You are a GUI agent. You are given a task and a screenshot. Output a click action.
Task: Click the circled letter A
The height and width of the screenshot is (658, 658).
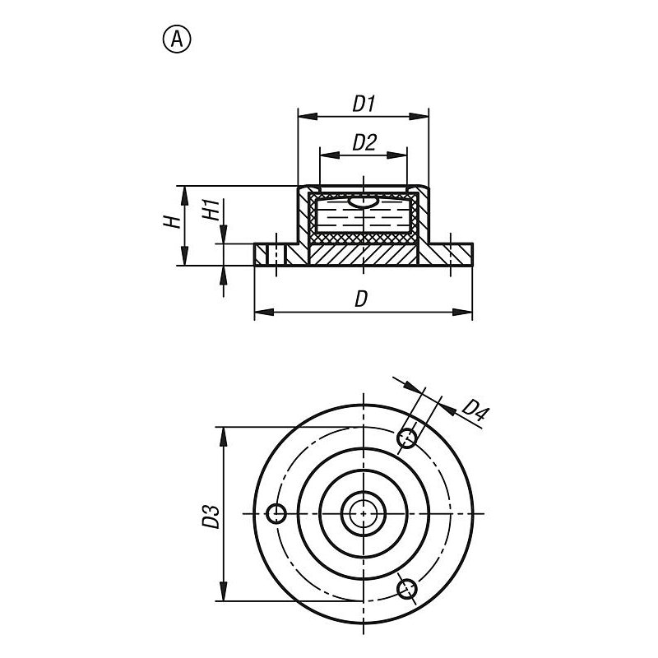[x=177, y=39]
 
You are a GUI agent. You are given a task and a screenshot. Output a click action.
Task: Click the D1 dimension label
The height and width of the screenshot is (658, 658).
[x=364, y=104]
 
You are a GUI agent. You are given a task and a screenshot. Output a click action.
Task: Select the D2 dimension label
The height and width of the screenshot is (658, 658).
[x=364, y=142]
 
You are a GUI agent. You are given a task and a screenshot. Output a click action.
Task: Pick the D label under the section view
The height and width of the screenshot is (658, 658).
[x=361, y=299]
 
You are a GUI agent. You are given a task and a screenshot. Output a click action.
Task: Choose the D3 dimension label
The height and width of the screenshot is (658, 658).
[x=211, y=517]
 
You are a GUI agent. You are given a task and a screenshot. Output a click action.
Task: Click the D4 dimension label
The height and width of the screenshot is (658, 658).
[x=475, y=411]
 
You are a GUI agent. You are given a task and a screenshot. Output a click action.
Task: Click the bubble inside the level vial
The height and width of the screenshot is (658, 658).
[x=364, y=202]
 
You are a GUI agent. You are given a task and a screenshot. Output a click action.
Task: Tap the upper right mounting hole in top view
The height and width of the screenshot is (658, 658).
[x=406, y=438]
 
